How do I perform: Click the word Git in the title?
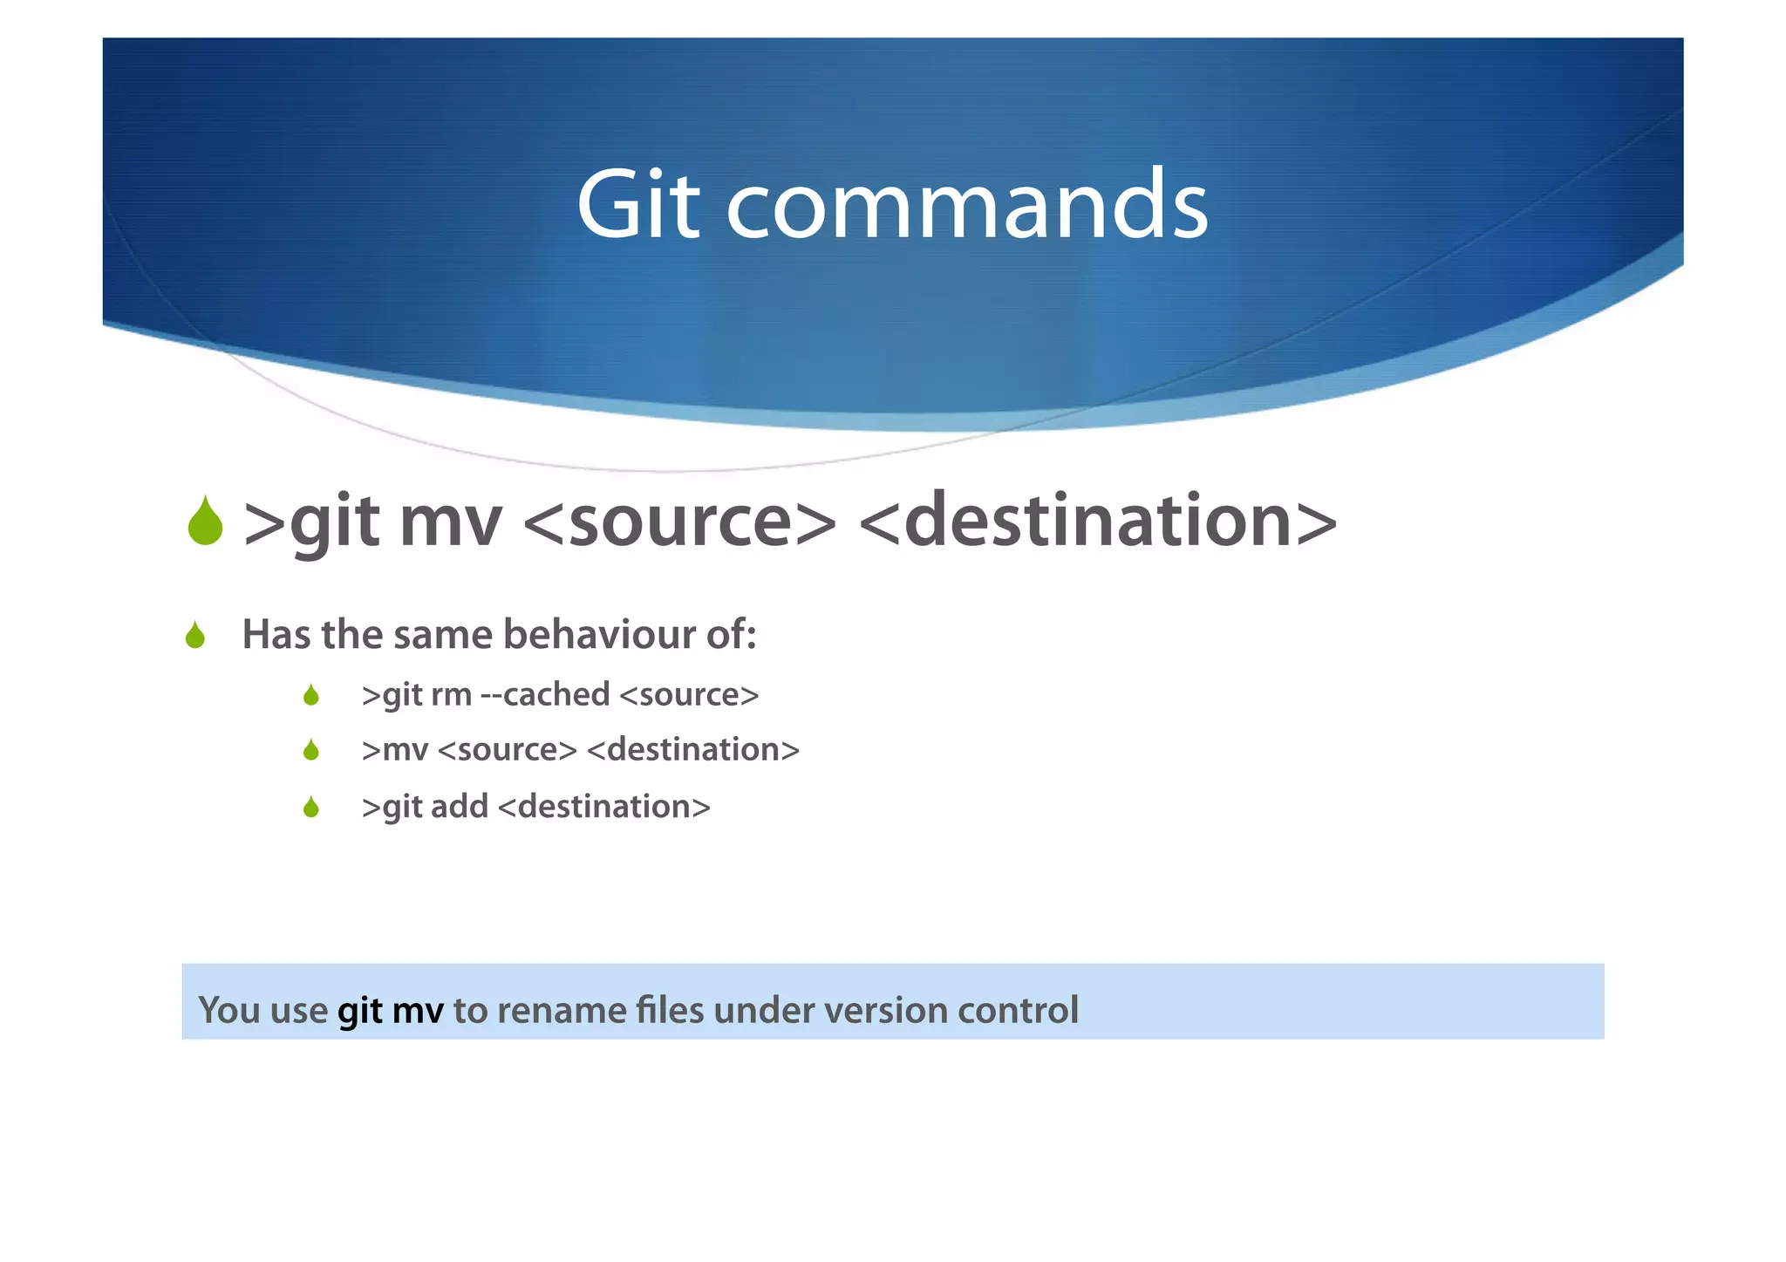(x=637, y=206)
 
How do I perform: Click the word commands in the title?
(x=967, y=206)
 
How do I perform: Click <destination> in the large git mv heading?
(x=1098, y=522)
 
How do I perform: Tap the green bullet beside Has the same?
(x=195, y=636)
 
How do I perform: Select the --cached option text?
(x=545, y=695)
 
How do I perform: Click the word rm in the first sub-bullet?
(x=451, y=695)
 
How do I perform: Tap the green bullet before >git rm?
(x=311, y=696)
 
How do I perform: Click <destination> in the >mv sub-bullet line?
(x=693, y=750)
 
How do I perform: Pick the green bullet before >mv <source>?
(x=311, y=750)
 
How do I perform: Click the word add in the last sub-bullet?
(x=459, y=807)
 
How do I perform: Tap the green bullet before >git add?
(x=311, y=808)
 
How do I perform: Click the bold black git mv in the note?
(x=391, y=1011)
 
